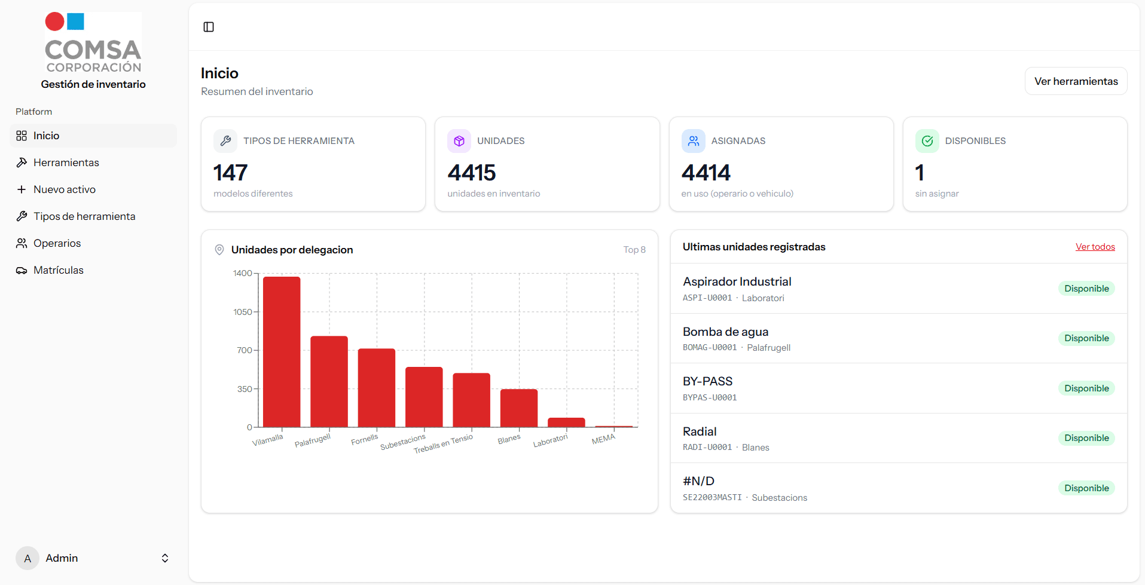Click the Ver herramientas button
pyautogui.click(x=1076, y=81)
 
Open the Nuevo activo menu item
pyautogui.click(x=64, y=189)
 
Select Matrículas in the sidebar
pyautogui.click(x=58, y=270)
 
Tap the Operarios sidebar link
pyautogui.click(x=57, y=243)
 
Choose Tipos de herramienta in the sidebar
pyautogui.click(x=84, y=216)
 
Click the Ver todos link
pyautogui.click(x=1095, y=247)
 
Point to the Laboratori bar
pyautogui.click(x=566, y=422)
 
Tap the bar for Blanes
pyautogui.click(x=518, y=408)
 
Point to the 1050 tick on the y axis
pyautogui.click(x=243, y=312)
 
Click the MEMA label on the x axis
pyautogui.click(x=603, y=439)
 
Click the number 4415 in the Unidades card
pyautogui.click(x=472, y=173)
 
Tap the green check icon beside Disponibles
pyautogui.click(x=927, y=141)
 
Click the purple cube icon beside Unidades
pyautogui.click(x=459, y=141)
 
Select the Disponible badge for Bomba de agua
pyautogui.click(x=1086, y=338)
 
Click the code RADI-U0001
pyautogui.click(x=707, y=448)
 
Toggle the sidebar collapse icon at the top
pyautogui.click(x=209, y=27)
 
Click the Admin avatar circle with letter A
pyautogui.click(x=28, y=558)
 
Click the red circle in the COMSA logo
pyautogui.click(x=55, y=22)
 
